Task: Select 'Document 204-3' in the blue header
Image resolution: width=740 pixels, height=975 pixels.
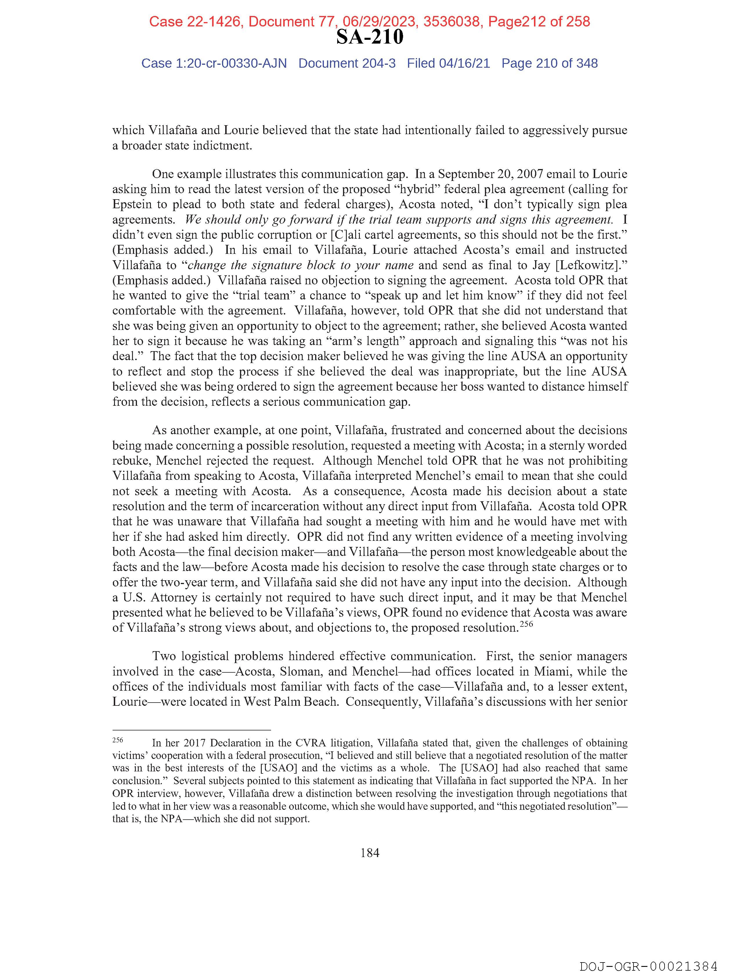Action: (x=347, y=64)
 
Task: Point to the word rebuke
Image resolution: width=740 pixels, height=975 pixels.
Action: (x=130, y=461)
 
